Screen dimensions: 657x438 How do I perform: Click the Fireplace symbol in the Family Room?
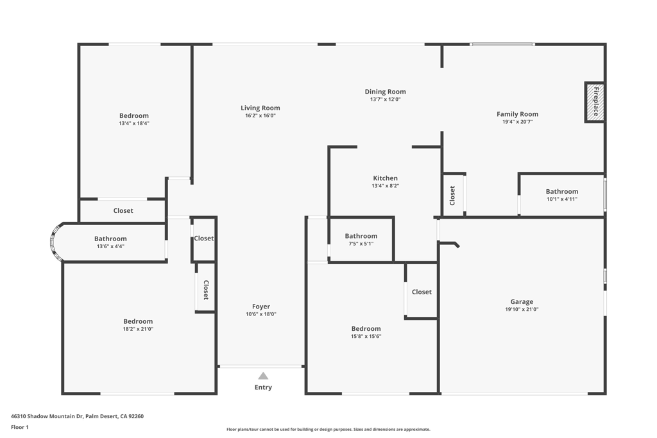[595, 102]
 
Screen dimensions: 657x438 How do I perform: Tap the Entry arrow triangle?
[263, 376]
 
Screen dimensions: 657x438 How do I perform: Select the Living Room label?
[260, 108]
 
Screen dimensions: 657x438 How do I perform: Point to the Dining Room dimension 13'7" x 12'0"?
[385, 99]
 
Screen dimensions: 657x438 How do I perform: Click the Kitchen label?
[385, 178]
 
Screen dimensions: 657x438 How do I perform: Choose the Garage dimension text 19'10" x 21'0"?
[522, 310]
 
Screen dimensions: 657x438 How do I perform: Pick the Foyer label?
[260, 307]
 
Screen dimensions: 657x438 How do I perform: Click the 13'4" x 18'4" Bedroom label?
[134, 115]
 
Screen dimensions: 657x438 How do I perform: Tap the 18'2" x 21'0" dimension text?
[138, 329]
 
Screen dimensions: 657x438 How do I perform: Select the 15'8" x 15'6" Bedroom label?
[366, 329]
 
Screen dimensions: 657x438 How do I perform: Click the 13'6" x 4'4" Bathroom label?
[110, 239]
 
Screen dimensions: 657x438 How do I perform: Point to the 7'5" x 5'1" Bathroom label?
[361, 236]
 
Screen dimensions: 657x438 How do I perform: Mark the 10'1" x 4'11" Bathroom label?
[562, 191]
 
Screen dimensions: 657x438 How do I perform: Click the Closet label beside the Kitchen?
[452, 196]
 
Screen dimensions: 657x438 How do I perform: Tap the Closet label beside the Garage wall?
[422, 292]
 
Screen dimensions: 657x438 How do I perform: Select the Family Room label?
[518, 114]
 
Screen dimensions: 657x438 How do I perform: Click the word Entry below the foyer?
[263, 387]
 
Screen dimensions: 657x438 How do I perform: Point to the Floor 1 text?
[20, 427]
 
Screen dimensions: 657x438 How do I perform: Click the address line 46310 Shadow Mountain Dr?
[47, 416]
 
